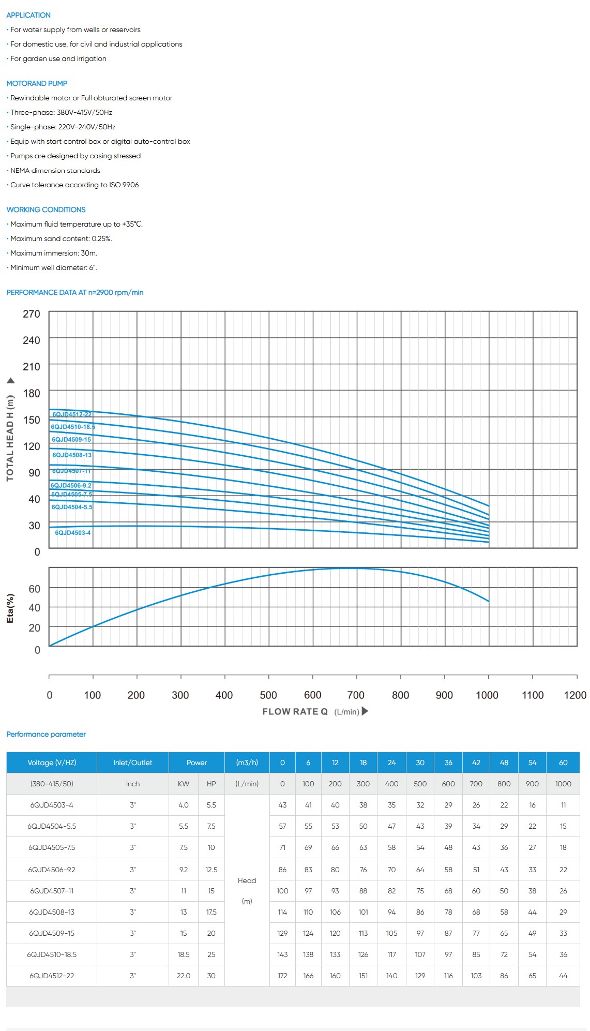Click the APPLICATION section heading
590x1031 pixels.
[28, 15]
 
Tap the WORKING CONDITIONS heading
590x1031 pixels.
[46, 210]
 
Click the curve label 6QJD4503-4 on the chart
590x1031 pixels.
[73, 532]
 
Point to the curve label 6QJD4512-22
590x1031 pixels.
[72, 414]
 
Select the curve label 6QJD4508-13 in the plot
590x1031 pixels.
[72, 455]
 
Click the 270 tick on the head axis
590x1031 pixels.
[31, 314]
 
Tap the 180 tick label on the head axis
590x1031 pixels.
[31, 393]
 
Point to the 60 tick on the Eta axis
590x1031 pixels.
[34, 589]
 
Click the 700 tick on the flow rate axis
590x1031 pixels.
[356, 695]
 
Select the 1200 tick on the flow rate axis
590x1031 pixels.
[575, 695]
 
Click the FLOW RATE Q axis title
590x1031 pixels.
[295, 711]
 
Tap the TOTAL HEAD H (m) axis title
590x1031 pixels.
[10, 438]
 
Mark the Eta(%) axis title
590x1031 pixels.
[10, 608]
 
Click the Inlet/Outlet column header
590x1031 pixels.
[133, 763]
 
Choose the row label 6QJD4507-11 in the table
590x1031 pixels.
[52, 891]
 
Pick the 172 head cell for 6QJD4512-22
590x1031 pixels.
[282, 976]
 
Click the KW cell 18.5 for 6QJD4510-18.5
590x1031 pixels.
[184, 954]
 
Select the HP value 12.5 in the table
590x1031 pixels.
[211, 870]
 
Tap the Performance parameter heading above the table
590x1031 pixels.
[46, 734]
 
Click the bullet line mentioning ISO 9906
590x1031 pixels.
[74, 185]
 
